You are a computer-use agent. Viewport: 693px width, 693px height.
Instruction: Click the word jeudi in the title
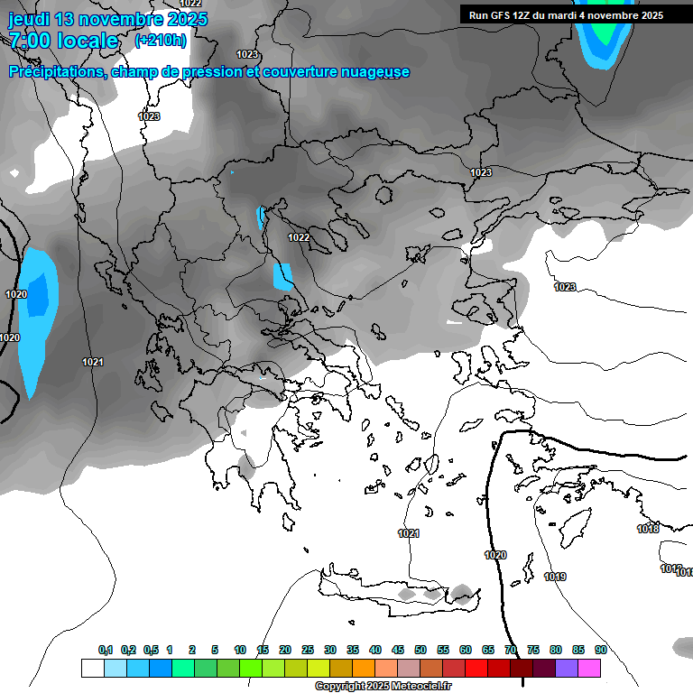[x=30, y=19]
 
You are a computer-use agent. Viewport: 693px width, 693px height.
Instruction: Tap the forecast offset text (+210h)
[x=161, y=40]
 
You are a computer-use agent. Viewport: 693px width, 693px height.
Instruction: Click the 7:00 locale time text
[x=63, y=41]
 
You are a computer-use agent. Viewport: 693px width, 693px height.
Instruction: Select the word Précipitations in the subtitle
[x=59, y=71]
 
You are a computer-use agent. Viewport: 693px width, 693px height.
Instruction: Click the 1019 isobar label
[x=555, y=577]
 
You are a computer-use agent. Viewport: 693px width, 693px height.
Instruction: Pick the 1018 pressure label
[x=648, y=529]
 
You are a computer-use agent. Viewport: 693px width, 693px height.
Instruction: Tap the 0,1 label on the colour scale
[x=106, y=650]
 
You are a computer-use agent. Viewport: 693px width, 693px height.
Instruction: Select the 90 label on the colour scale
[x=601, y=650]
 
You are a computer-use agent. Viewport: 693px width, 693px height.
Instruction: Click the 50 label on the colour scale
[x=420, y=650]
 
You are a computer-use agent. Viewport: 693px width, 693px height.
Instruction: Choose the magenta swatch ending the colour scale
[x=589, y=668]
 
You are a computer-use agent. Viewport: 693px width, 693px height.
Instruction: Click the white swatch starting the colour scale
[x=92, y=668]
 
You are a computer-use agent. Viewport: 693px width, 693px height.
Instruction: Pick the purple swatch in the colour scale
[x=567, y=668]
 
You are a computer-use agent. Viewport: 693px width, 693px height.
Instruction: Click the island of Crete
[x=397, y=591]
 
